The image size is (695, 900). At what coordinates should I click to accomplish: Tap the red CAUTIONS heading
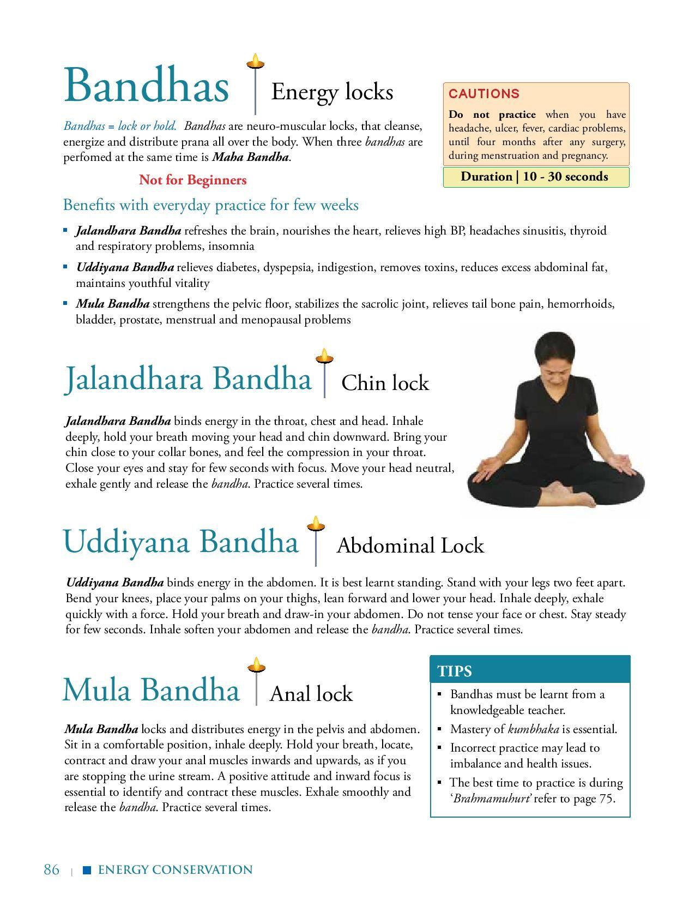coord(476,94)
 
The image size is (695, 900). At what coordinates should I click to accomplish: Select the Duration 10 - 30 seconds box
coord(535,177)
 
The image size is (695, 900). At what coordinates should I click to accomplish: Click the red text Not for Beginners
coord(192,180)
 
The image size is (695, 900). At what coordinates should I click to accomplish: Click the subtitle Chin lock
coord(385,383)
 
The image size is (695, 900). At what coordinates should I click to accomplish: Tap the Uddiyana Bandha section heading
coord(181,542)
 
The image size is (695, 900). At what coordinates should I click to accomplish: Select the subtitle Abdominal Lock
coord(410,546)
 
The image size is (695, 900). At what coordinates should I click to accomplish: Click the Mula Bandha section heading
coord(151,690)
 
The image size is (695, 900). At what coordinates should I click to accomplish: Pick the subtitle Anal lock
coord(311,694)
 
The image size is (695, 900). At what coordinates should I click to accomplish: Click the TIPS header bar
coord(530,670)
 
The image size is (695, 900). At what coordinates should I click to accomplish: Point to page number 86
coord(51,869)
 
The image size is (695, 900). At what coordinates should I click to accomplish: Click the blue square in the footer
coord(86,870)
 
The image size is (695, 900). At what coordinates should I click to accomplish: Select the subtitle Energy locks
coord(332,92)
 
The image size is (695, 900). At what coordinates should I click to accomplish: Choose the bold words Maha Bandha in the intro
coord(251,158)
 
